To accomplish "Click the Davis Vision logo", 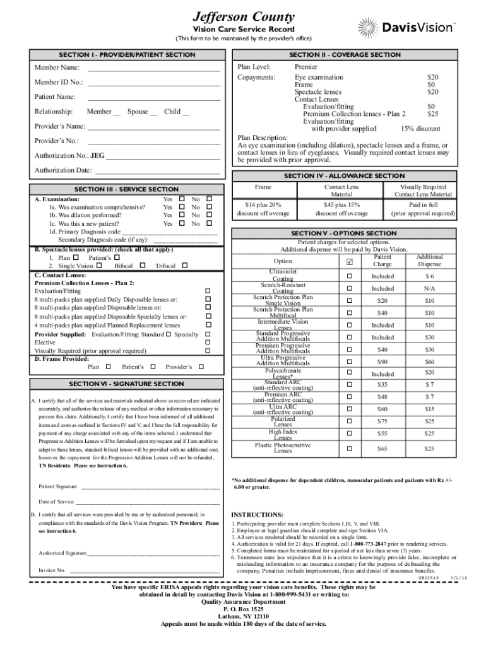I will tap(406, 27).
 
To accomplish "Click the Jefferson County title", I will tap(243, 16).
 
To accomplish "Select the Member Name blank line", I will tap(154, 68).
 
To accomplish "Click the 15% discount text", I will tap(420, 129).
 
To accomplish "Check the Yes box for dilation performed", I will tap(182, 215).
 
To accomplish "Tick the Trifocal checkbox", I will tap(185, 266).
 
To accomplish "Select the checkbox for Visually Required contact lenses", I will tap(208, 351).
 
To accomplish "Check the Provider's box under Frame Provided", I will tap(201, 367).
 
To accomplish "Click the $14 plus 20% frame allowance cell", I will tap(263, 209).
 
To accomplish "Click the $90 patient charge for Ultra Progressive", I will tap(382, 361).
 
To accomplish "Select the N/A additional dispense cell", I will tap(429, 288).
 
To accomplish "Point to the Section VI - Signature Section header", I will tap(126, 384).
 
